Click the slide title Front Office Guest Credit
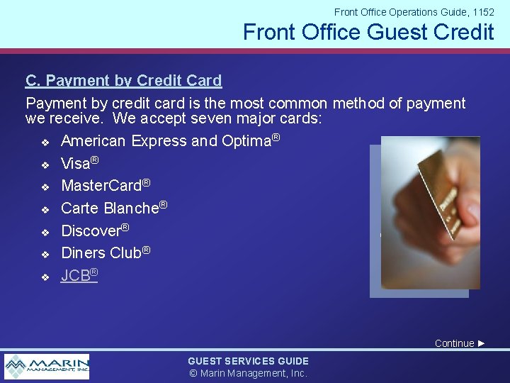(368, 32)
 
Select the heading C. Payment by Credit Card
(123, 81)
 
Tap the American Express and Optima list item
(170, 141)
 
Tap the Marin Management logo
(47, 366)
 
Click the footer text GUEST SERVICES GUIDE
(248, 361)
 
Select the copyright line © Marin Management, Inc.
(248, 373)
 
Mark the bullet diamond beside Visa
(44, 165)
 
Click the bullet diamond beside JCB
(44, 277)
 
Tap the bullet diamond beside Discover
(44, 232)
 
